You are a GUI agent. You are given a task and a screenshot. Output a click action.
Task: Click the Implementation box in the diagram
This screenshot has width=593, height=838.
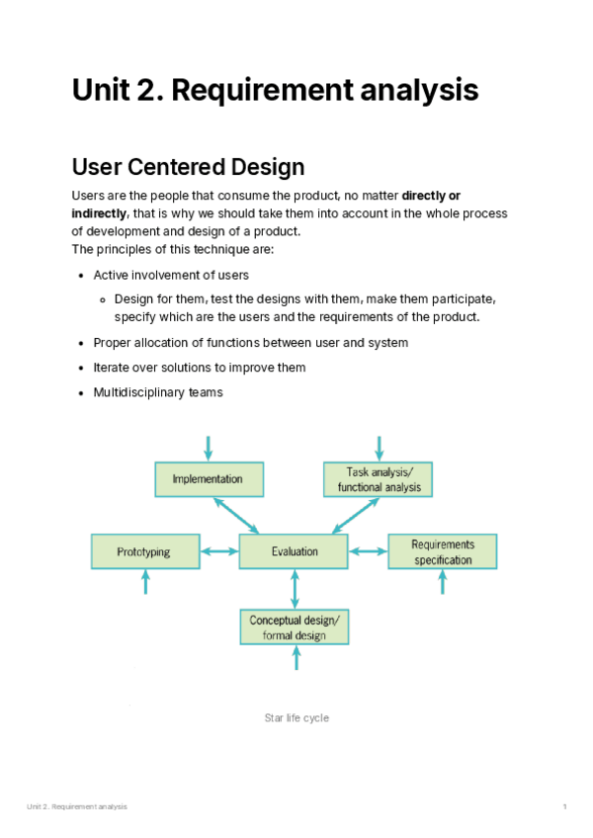(209, 479)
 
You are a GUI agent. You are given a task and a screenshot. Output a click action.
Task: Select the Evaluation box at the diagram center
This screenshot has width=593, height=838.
(294, 551)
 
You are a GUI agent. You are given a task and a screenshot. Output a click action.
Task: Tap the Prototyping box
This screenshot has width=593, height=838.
(144, 551)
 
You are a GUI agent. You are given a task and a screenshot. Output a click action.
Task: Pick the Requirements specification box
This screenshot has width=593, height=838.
(442, 551)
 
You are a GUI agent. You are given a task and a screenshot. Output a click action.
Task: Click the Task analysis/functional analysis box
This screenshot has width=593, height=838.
(379, 479)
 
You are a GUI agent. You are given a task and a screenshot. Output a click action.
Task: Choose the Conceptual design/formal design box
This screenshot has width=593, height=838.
(295, 628)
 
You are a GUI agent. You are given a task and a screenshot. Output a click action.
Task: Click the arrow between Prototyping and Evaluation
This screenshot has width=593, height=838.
(218, 551)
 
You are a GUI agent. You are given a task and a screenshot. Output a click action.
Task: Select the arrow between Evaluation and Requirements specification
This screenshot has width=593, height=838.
(368, 551)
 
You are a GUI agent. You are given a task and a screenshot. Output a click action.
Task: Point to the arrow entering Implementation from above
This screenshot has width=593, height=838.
(208, 448)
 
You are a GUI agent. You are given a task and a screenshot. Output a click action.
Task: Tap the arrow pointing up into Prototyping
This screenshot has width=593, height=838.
(146, 582)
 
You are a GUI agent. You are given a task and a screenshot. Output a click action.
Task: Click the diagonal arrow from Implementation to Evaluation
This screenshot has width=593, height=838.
(236, 515)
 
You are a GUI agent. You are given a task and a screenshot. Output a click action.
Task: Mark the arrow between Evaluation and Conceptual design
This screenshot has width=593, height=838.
(295, 589)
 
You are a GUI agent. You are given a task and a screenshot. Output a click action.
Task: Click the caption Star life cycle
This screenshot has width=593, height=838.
(296, 717)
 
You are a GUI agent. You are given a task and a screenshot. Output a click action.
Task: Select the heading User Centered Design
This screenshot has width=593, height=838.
(188, 165)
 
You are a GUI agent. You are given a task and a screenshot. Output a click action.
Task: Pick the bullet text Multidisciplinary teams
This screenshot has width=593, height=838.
(158, 392)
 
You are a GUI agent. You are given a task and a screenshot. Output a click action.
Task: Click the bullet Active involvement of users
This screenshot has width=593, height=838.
(171, 275)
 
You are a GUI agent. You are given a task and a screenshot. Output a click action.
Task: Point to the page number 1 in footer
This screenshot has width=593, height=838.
(564, 807)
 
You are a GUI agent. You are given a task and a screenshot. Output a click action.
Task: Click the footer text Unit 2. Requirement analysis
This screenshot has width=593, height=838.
(77, 807)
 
